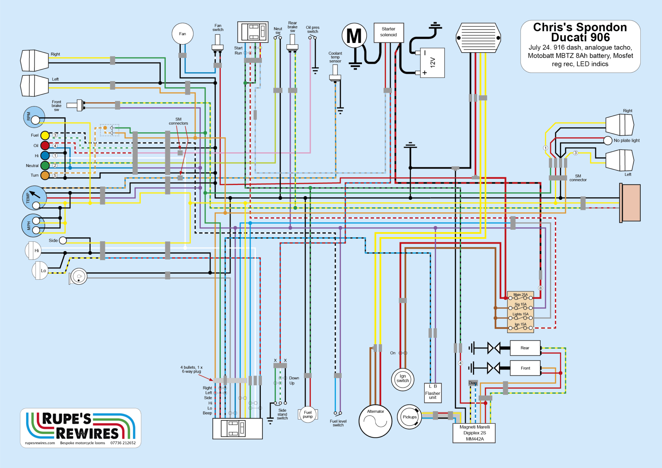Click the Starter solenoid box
(x=389, y=32)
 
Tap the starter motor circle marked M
(x=354, y=36)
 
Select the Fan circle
(x=183, y=34)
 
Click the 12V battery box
(x=432, y=63)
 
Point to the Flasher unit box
(x=432, y=393)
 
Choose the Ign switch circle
(x=402, y=379)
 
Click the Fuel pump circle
(x=308, y=414)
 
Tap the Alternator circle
(x=375, y=421)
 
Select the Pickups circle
(x=410, y=417)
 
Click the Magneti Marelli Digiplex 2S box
(x=474, y=433)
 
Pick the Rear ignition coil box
(x=525, y=348)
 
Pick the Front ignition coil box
(x=525, y=368)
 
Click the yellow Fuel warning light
(x=45, y=135)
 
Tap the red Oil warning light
(x=45, y=145)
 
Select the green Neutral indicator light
(x=45, y=165)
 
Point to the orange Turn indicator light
(x=45, y=175)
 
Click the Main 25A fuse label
(x=520, y=295)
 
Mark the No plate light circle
(x=608, y=140)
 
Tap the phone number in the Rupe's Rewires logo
(x=123, y=443)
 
